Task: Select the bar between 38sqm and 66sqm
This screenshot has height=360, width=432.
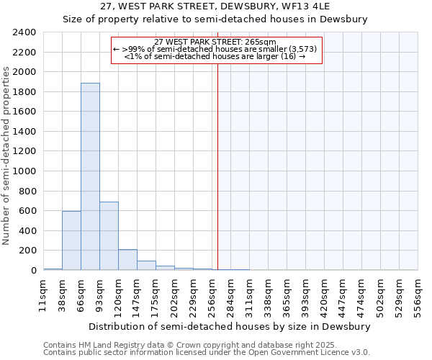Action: click(x=71, y=240)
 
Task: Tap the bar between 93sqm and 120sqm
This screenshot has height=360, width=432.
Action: click(x=109, y=236)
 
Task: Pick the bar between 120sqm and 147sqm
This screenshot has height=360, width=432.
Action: click(x=127, y=260)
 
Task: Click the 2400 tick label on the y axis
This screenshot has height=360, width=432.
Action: click(x=24, y=32)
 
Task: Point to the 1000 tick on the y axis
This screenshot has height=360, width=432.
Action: click(x=24, y=171)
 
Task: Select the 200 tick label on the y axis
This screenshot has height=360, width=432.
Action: click(x=27, y=251)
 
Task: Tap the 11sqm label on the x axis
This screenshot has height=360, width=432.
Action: click(x=43, y=296)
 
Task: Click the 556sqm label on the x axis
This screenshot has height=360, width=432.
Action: click(x=418, y=296)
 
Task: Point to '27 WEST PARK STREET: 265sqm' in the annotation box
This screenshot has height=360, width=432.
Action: click(x=215, y=42)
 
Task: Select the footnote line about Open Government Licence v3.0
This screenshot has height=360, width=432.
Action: click(x=207, y=353)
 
